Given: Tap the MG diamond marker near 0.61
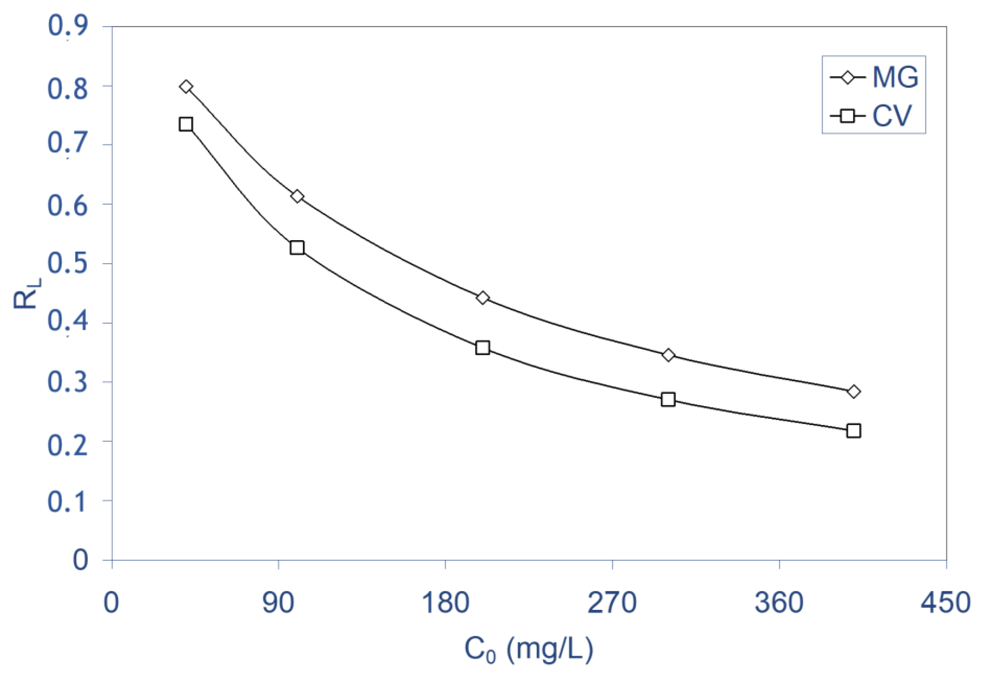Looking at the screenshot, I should [297, 196].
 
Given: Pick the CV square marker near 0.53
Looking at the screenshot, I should [297, 248].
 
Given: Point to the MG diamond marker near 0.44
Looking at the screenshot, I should [482, 298].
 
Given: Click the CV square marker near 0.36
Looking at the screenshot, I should [482, 348].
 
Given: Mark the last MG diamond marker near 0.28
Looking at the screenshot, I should [854, 391].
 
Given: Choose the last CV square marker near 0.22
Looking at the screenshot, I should [854, 431].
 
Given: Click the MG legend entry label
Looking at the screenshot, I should [895, 78].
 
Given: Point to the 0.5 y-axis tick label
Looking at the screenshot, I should [68, 263].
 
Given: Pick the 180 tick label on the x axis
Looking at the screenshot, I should [445, 603].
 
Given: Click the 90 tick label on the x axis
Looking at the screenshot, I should [278, 603].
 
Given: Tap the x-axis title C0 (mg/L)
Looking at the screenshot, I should [529, 649].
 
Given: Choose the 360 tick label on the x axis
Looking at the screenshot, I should [779, 603].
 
